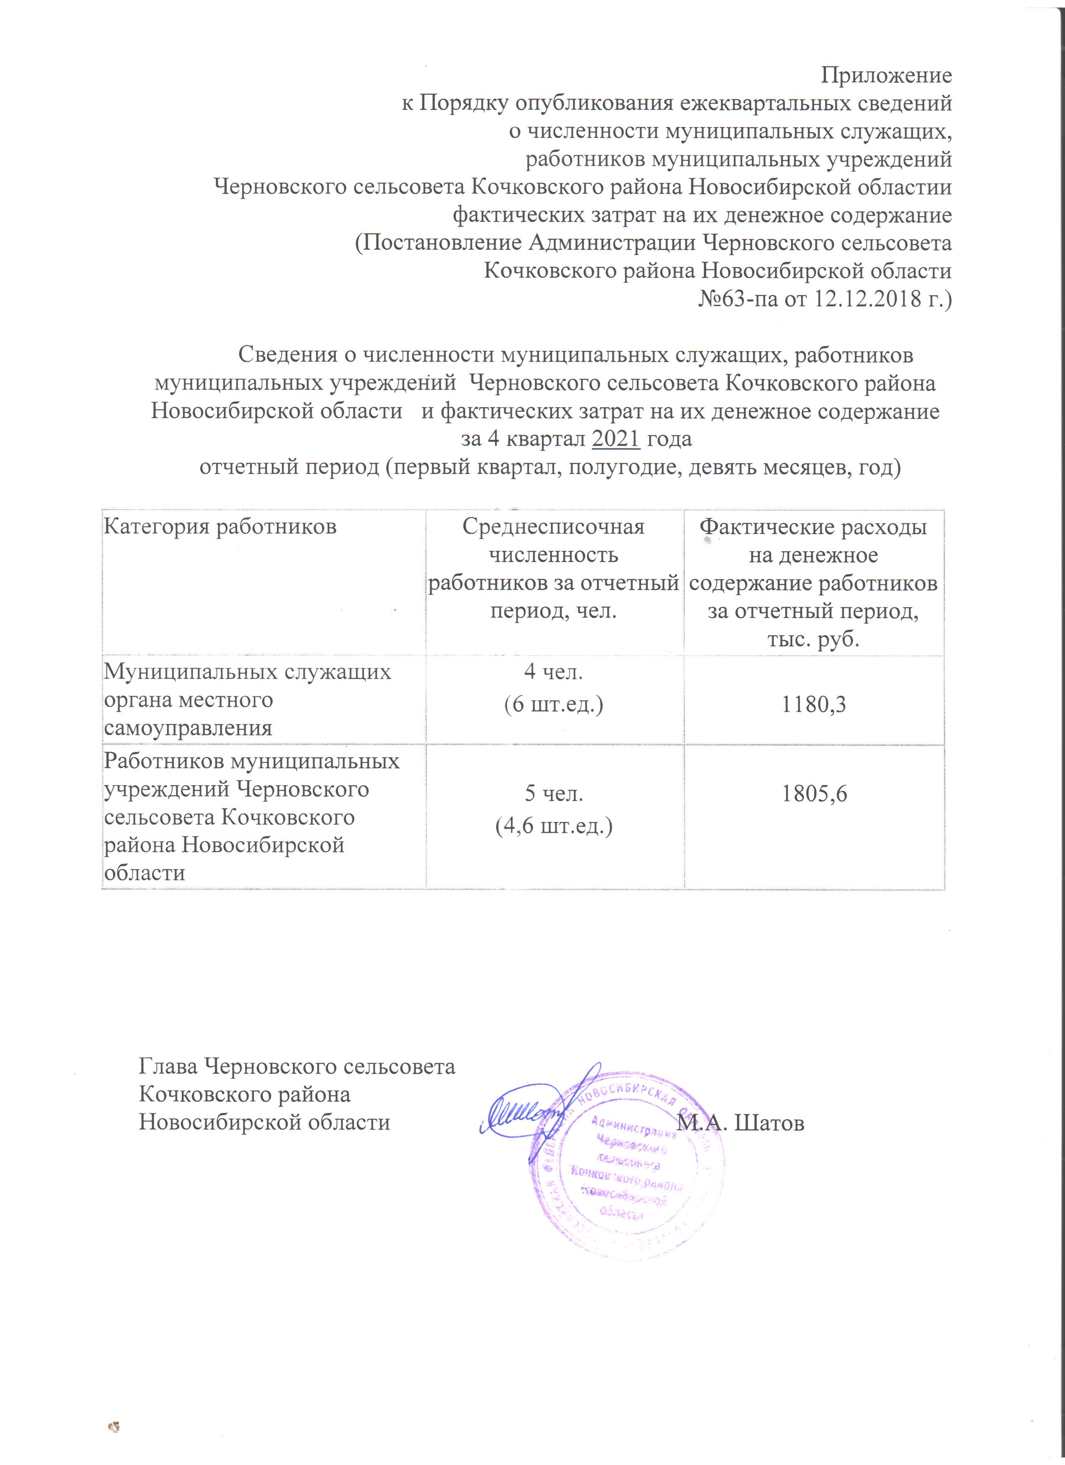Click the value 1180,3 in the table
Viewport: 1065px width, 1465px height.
(813, 704)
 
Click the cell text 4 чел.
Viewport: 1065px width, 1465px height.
(553, 672)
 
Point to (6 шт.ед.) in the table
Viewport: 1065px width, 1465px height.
(553, 704)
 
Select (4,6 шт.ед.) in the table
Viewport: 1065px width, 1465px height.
(553, 826)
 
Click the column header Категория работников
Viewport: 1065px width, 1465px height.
(220, 527)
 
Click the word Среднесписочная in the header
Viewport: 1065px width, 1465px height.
(553, 527)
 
